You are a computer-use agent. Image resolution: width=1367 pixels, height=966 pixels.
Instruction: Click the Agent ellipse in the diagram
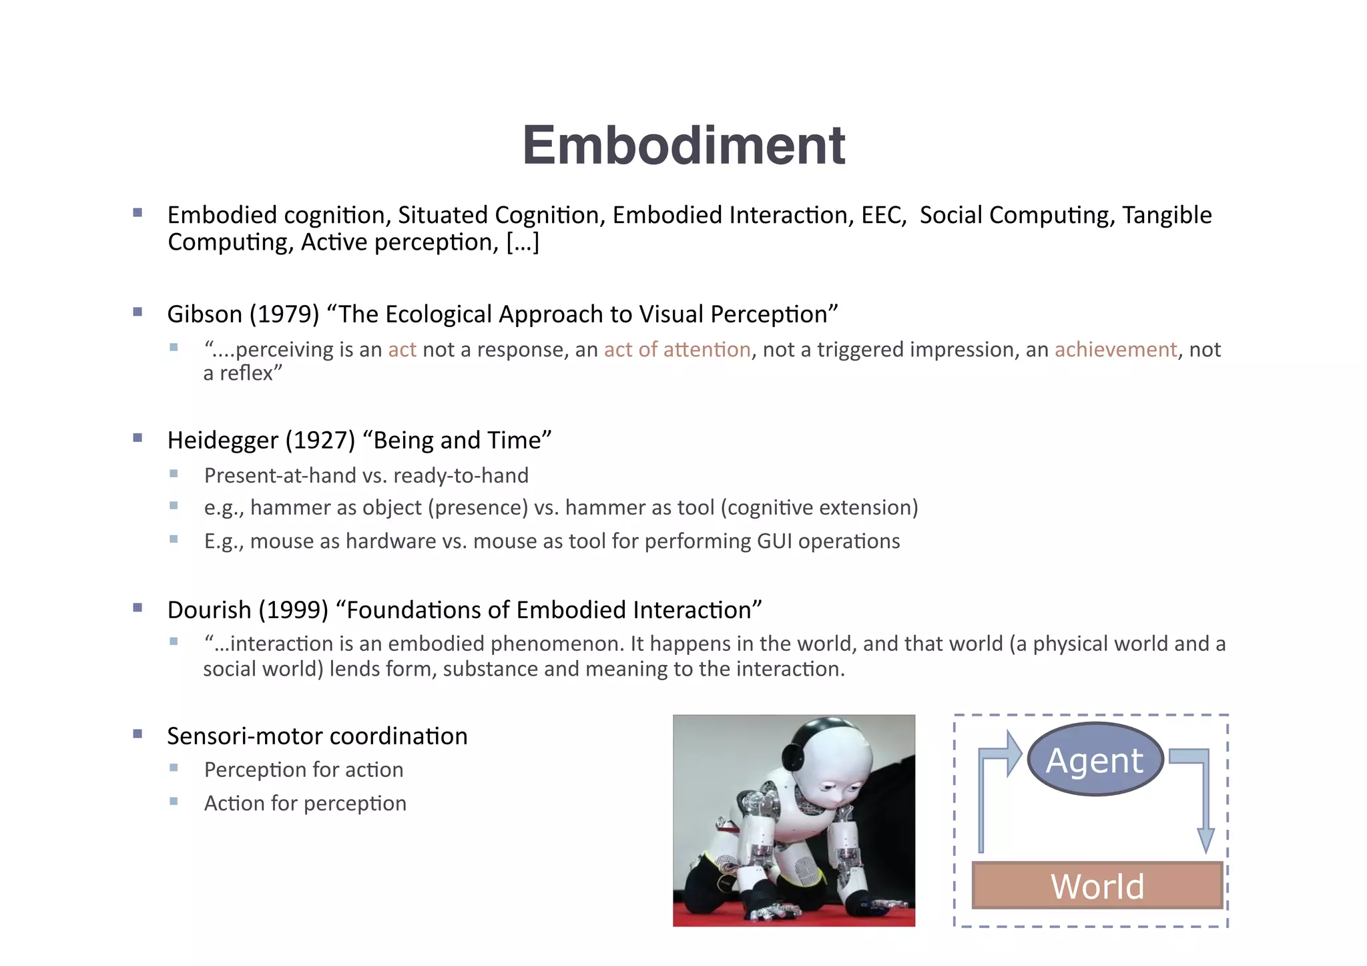1095,760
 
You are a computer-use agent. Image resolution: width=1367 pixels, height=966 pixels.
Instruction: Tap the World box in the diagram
1097,886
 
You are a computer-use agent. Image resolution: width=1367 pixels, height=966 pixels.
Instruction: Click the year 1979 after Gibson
285,314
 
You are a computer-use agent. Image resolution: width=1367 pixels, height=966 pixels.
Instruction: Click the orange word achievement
1115,350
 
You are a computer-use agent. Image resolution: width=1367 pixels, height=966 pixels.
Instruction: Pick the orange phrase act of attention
677,350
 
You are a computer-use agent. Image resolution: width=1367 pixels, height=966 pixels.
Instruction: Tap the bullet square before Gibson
138,312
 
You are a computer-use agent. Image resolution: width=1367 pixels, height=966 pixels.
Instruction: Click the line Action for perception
305,803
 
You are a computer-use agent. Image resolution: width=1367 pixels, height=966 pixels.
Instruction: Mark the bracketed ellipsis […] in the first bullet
523,242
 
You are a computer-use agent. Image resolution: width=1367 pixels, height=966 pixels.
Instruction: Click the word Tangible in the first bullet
1167,216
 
